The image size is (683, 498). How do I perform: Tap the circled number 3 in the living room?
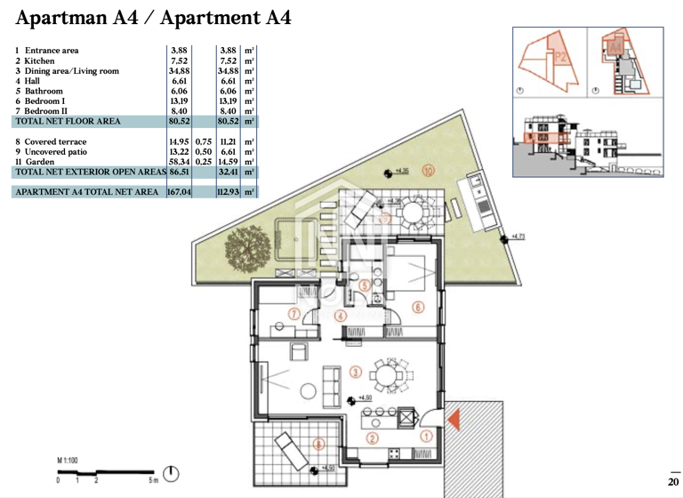click(x=355, y=373)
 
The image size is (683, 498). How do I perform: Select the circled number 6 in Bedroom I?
click(x=416, y=307)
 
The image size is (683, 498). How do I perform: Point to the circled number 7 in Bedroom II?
click(x=295, y=313)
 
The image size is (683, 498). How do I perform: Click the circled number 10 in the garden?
click(x=428, y=171)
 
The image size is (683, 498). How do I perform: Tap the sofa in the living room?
click(x=333, y=383)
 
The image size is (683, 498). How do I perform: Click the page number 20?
click(x=672, y=481)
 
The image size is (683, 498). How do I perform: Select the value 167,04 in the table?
click(x=179, y=191)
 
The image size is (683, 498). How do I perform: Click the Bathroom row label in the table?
click(x=44, y=92)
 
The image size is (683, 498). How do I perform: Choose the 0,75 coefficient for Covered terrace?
click(x=204, y=141)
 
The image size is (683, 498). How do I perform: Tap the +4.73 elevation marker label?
click(x=518, y=237)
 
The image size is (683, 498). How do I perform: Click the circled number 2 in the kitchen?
click(x=373, y=438)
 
